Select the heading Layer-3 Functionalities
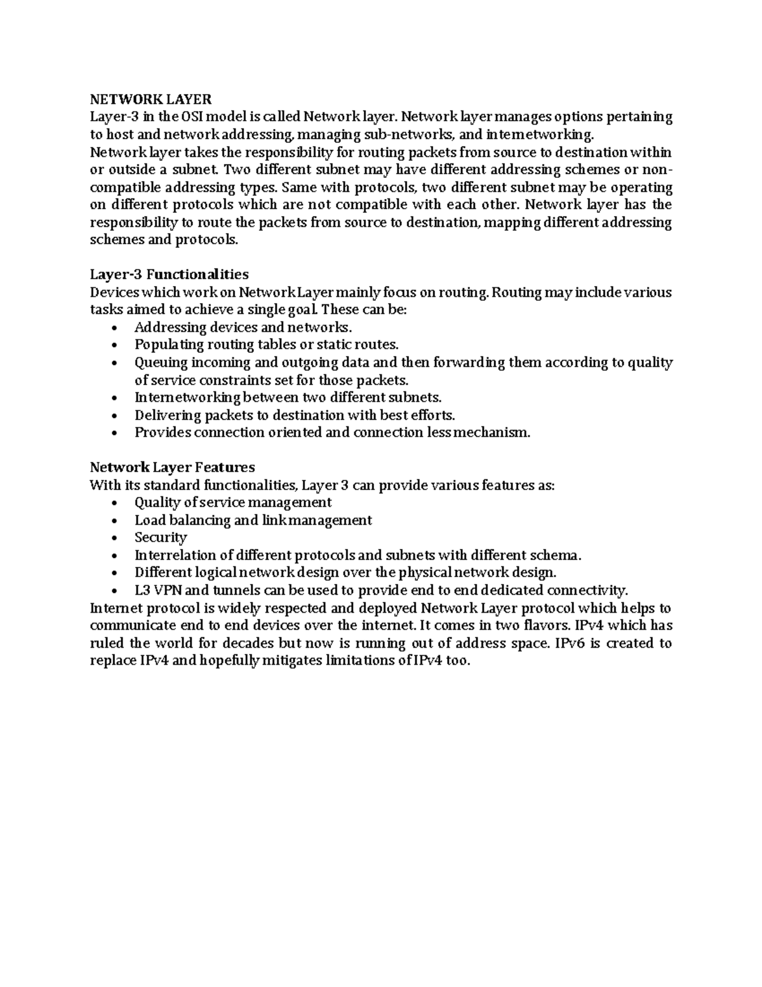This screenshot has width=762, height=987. point(169,275)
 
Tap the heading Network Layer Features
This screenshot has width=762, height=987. point(172,468)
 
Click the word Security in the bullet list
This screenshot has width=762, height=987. point(161,538)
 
